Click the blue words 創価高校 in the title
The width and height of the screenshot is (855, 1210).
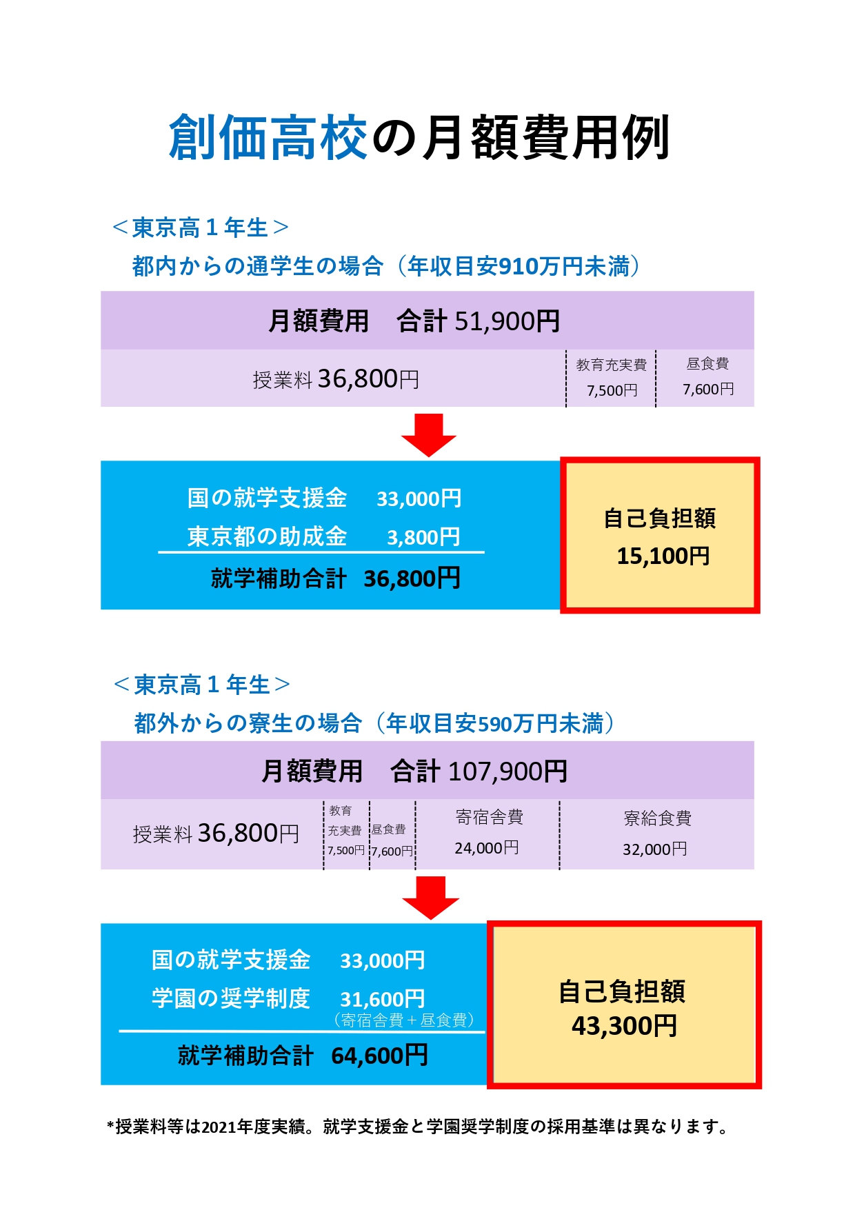point(268,137)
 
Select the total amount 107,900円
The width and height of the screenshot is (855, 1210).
point(508,772)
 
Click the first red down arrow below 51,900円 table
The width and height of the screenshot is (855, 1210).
point(429,434)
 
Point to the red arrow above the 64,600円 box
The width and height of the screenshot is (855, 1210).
point(430,897)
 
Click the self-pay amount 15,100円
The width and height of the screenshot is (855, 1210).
point(663,556)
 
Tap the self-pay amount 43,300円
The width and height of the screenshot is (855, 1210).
point(624,1026)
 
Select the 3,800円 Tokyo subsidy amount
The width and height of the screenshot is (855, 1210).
point(423,537)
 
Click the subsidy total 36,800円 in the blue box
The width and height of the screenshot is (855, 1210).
point(412,578)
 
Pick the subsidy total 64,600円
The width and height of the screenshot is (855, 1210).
point(379,1056)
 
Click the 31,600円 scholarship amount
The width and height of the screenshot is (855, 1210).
point(382,999)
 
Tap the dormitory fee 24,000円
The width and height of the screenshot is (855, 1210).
point(487,848)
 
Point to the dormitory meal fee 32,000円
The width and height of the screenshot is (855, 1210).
point(655,849)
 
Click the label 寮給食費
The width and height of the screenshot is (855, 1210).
point(657,818)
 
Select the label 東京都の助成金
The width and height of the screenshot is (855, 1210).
point(267,536)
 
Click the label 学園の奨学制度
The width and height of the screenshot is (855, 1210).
point(231,998)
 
